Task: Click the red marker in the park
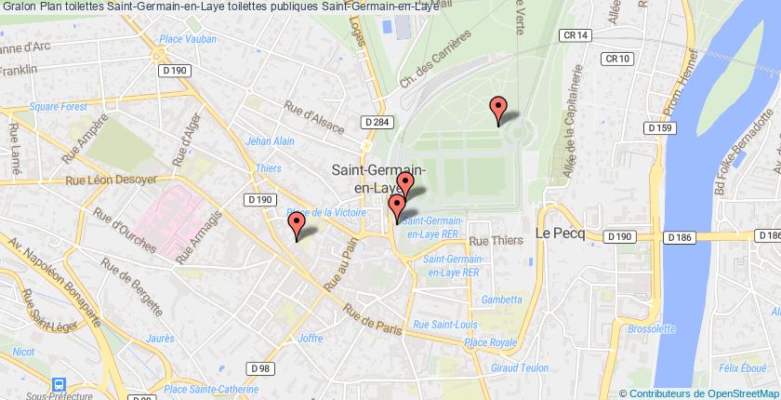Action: click(498, 108)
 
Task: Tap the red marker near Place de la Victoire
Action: click(297, 224)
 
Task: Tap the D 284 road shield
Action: click(376, 122)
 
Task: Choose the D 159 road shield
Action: click(661, 128)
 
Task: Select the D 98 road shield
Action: click(262, 369)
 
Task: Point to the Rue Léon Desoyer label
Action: click(110, 180)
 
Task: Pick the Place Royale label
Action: click(489, 343)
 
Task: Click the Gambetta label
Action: click(501, 300)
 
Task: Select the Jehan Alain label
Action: click(271, 141)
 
